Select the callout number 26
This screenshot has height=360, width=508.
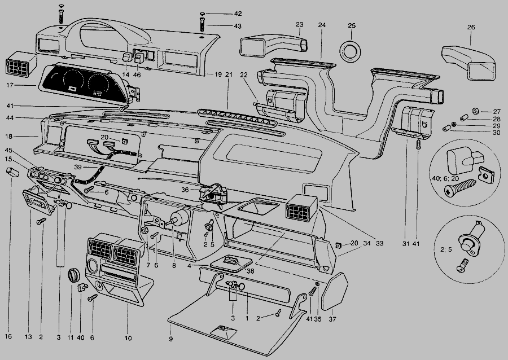(471, 27)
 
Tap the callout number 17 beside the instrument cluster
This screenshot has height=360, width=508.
(10, 85)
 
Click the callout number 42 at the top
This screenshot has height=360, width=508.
(238, 14)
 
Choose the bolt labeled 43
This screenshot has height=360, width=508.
(202, 25)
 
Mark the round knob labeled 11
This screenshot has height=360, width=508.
(73, 275)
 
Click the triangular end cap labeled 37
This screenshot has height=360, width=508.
(334, 291)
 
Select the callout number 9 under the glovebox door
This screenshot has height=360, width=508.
(170, 339)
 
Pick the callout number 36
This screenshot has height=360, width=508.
(185, 190)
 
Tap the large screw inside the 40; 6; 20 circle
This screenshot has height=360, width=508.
(460, 188)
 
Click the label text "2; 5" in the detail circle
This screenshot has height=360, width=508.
(446, 249)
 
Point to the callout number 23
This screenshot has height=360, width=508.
(299, 24)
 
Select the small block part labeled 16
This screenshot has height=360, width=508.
(12, 172)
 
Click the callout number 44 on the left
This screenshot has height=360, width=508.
(10, 118)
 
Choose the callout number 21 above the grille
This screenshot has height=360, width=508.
(229, 74)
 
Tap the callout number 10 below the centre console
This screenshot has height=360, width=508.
(128, 338)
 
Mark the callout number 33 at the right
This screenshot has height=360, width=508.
(379, 243)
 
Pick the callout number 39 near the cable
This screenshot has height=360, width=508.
(78, 167)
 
